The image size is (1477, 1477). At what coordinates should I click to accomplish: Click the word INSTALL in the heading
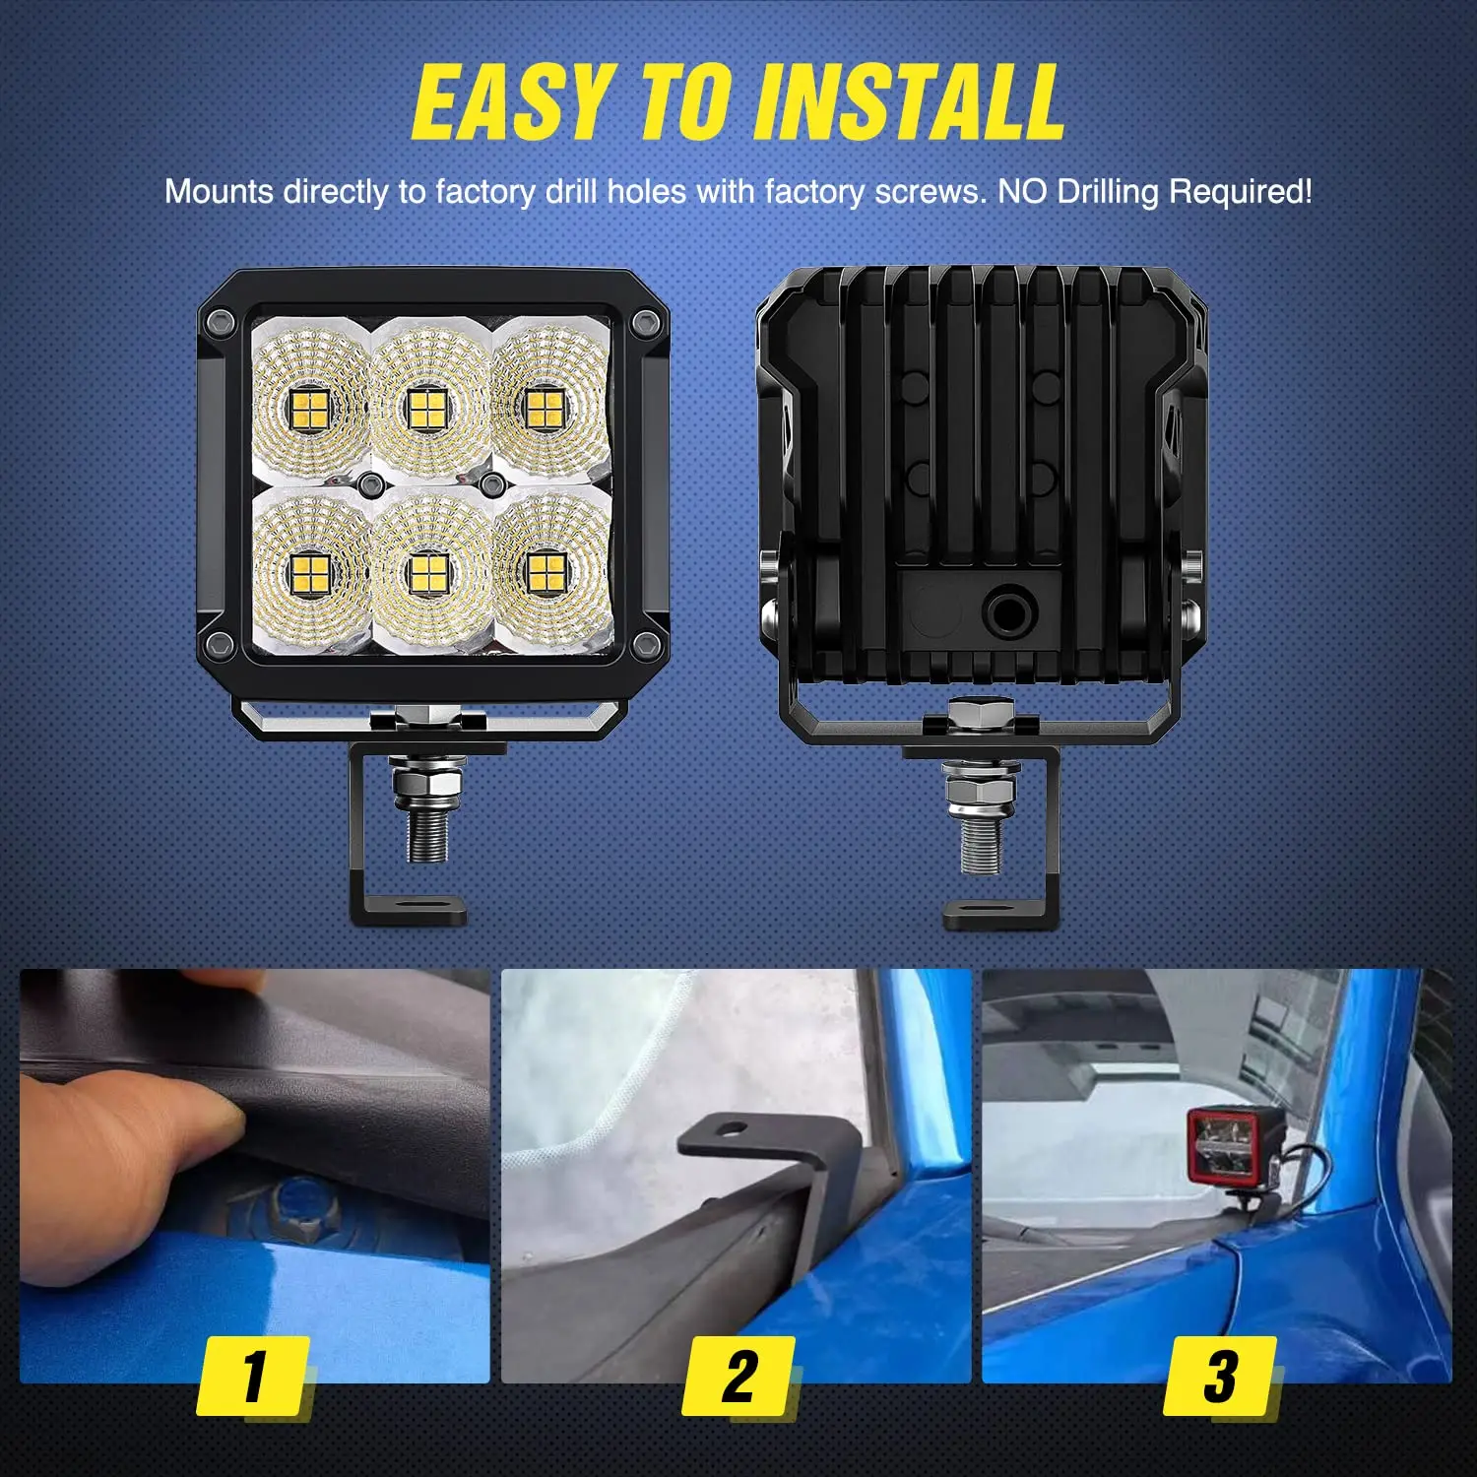[911, 102]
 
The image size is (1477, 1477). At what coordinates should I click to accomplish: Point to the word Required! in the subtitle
[1240, 191]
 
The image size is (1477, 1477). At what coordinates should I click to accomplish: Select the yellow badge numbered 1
[254, 1376]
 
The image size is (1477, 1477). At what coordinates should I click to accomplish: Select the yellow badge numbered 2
[738, 1376]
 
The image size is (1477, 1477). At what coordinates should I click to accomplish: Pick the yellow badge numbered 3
[1220, 1376]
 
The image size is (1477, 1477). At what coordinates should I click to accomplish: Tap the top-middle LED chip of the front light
[426, 411]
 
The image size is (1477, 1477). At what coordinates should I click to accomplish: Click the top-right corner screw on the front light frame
[646, 320]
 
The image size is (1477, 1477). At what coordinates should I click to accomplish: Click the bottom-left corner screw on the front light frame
[221, 645]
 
